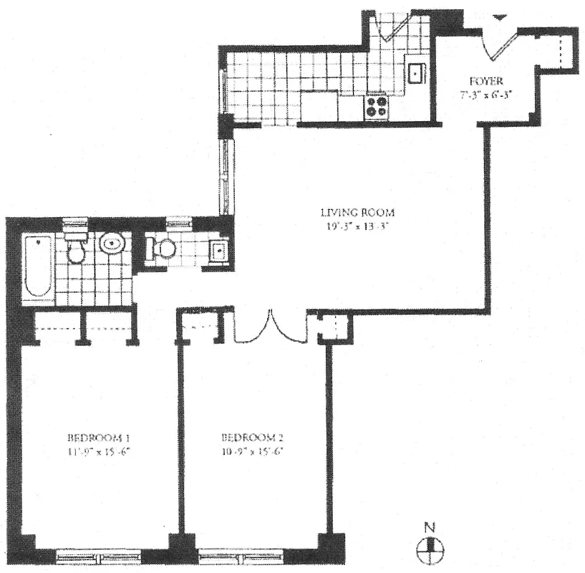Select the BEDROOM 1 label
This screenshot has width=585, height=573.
98,438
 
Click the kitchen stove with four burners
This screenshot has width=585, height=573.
377,107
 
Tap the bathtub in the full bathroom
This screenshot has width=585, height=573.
37,268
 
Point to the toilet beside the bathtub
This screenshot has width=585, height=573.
74,247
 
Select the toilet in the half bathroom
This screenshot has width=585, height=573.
163,249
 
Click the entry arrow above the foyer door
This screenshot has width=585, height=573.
501,16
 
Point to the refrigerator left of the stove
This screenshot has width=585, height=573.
319,106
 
